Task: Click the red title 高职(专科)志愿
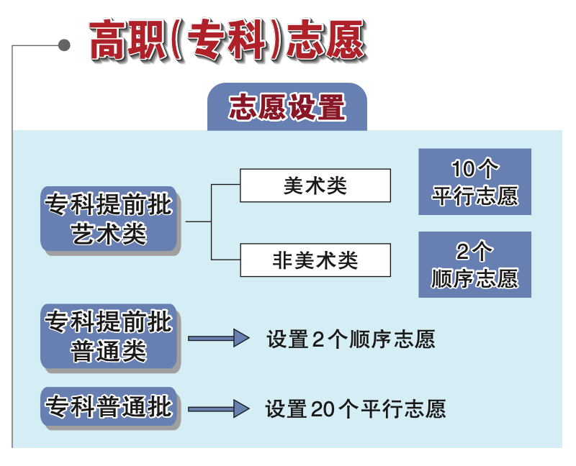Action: (228, 40)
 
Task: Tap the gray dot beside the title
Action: (64, 45)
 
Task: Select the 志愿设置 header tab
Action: (287, 106)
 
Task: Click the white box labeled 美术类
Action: (315, 186)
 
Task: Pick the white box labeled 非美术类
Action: (315, 260)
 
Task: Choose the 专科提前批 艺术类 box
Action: (109, 219)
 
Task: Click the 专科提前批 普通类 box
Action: (109, 337)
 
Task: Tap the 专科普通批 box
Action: (109, 406)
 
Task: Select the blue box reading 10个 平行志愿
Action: (475, 182)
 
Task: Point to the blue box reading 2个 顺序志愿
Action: (475, 264)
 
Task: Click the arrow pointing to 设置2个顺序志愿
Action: (219, 338)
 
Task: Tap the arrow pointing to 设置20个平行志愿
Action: (219, 408)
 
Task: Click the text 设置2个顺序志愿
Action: (351, 339)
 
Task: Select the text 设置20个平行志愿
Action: (356, 408)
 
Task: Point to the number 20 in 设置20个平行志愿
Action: (324, 409)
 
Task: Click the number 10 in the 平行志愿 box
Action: (462, 168)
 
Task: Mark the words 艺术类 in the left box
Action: (109, 234)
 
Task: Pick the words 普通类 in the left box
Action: (109, 351)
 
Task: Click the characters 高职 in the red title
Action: (127, 40)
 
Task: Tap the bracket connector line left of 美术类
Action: (211, 222)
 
